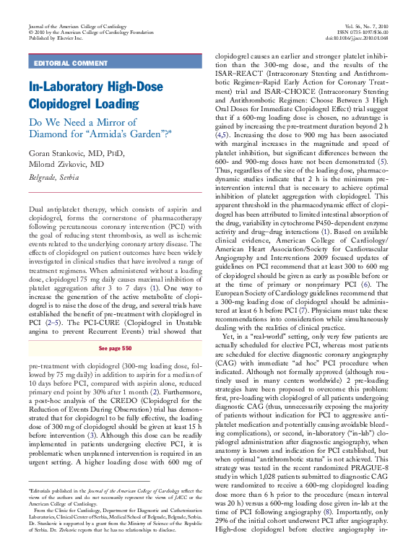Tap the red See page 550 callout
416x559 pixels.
[x=112, y=348]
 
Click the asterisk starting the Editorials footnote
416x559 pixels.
[x=30, y=489]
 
